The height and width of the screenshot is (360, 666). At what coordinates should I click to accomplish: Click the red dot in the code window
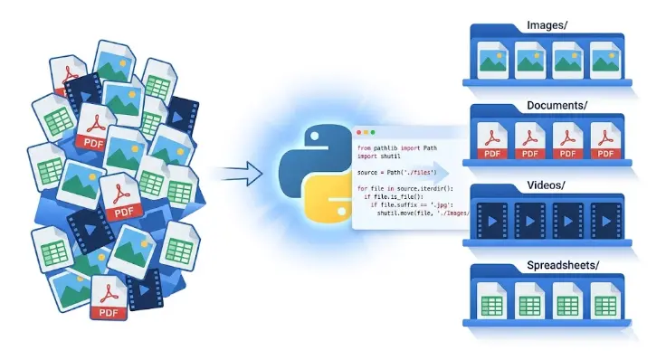[360, 132]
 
